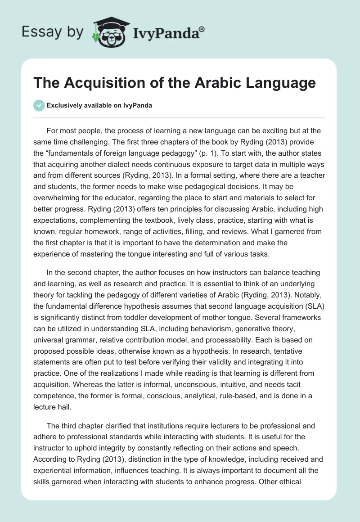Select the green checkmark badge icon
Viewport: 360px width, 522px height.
click(39, 106)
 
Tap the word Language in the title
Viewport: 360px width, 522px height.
click(277, 83)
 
